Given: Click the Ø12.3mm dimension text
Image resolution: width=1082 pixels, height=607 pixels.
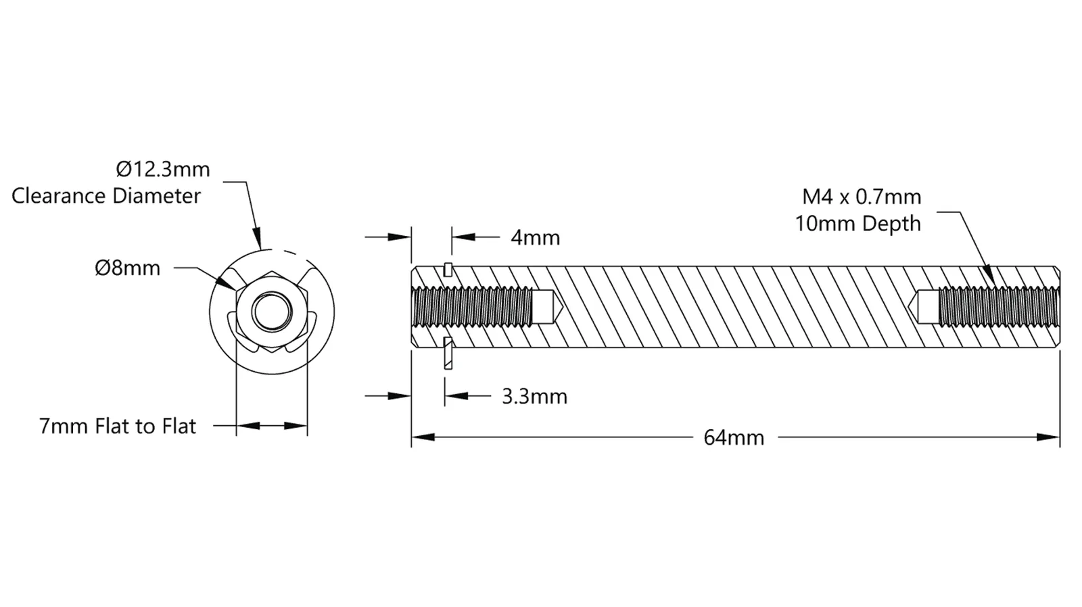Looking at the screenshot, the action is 163,170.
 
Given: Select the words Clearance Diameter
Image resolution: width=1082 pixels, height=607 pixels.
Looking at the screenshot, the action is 105,196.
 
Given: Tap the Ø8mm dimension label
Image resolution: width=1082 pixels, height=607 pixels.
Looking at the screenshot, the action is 128,268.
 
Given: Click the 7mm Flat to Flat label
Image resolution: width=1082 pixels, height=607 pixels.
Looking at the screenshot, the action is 118,427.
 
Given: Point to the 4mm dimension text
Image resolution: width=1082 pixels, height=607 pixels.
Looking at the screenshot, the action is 535,237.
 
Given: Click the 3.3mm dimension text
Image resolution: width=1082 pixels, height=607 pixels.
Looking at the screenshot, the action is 534,397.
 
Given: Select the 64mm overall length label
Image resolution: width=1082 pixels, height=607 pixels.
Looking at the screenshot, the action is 734,438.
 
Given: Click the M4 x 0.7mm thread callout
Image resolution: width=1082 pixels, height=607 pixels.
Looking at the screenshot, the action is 862,197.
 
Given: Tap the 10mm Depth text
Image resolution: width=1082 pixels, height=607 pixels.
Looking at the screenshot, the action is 858,224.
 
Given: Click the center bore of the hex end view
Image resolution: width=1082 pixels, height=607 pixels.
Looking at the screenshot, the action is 272,312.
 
